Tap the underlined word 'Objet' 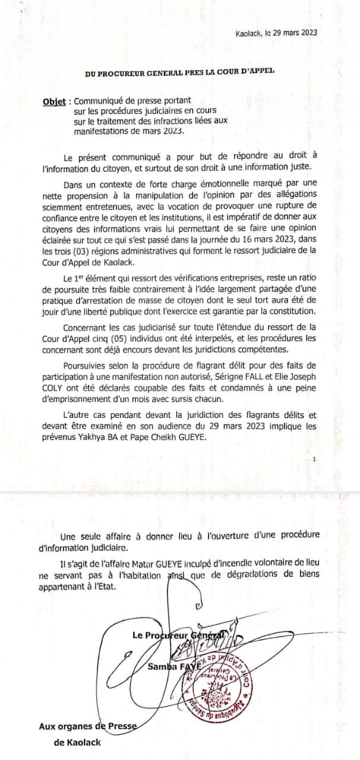click(54, 102)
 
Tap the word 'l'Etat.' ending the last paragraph click(96, 585)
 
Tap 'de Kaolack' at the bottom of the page click(77, 742)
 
